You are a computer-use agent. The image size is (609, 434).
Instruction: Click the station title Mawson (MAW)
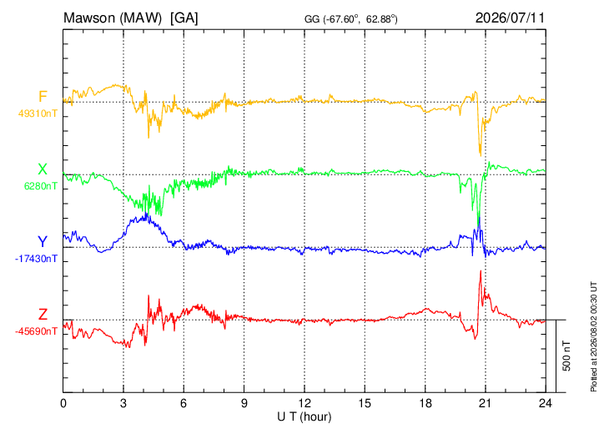tap(113, 18)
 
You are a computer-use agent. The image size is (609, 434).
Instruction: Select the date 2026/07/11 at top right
tap(510, 18)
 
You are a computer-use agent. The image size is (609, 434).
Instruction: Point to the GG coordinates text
tap(350, 19)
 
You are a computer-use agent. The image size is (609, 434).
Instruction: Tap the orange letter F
tap(43, 96)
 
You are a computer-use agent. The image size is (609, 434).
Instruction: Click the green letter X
tap(43, 169)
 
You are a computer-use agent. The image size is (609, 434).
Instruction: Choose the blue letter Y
tap(43, 242)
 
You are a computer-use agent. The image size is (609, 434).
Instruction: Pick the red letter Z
tap(43, 314)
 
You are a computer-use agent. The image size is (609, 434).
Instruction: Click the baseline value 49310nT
tap(38, 114)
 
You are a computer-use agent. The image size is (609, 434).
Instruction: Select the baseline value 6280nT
tap(41, 186)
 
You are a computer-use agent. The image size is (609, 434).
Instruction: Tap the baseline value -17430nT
tap(36, 259)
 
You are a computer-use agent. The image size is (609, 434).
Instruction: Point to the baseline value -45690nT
tap(36, 331)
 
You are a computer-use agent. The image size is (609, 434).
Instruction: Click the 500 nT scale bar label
tap(566, 356)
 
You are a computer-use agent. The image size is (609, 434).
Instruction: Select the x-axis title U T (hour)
tap(304, 417)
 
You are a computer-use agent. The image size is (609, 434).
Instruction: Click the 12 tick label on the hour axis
tap(304, 403)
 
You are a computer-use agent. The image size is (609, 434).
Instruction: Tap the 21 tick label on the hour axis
tap(485, 403)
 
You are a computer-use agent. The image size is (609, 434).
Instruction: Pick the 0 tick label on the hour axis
tap(63, 403)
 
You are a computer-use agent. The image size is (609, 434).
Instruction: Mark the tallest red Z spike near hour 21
tap(481, 271)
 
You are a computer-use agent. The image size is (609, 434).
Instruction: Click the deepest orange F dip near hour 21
tap(481, 155)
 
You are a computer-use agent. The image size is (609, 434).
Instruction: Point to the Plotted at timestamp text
tap(593, 336)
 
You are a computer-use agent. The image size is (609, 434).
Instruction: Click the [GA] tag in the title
tap(184, 18)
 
